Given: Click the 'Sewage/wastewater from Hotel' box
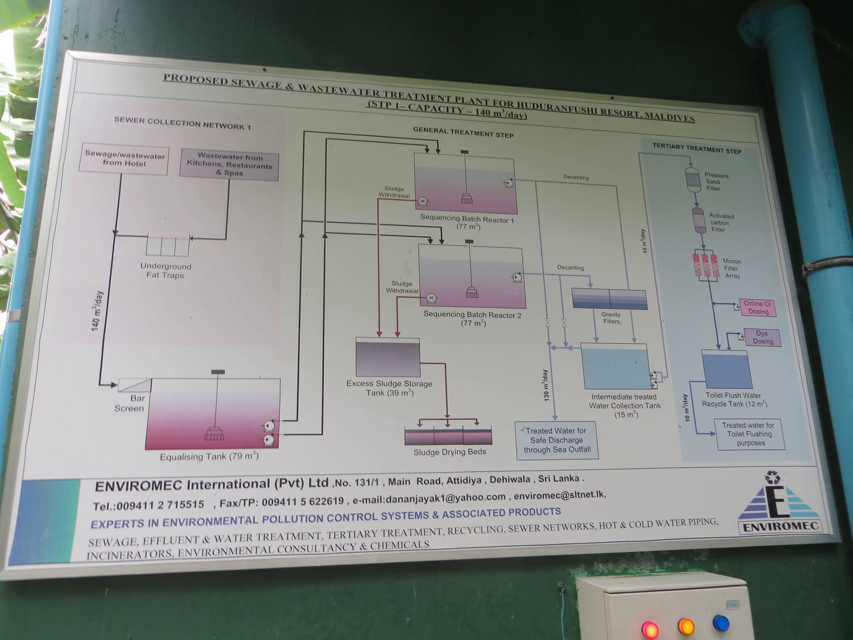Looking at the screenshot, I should pos(124,160).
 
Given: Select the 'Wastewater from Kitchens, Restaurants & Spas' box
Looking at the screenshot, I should pos(229,164).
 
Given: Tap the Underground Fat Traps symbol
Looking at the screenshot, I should pos(167,245).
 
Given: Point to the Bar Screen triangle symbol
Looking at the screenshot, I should pos(135,385).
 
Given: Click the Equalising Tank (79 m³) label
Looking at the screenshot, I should pos(209,457).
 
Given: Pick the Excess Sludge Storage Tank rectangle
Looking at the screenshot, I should pos(388,358).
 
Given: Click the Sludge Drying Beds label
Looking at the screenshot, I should pos(449,452).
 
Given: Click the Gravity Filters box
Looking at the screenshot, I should pos(609,299).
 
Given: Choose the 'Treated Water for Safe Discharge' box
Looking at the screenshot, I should pos(557,440).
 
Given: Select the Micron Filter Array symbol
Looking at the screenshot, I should pos(706,265).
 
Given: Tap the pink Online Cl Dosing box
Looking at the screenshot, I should pos(757,308).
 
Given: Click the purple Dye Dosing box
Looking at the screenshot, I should pos(762,338).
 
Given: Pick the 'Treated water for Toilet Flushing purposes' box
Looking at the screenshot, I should pos(749,434).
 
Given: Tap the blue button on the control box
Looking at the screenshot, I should pos(721,624).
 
